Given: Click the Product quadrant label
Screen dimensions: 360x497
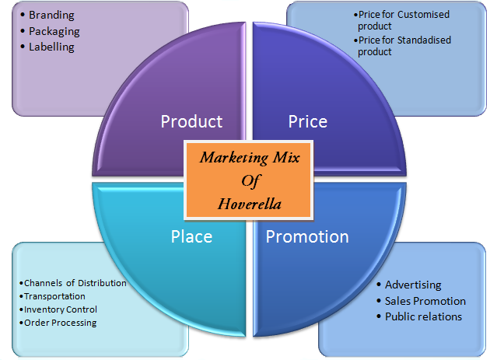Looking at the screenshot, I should (x=191, y=121).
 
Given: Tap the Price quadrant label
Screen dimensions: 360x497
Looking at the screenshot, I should (x=307, y=121).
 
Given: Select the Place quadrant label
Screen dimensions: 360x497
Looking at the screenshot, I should (x=191, y=236).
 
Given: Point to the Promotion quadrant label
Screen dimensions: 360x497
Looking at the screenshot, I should (x=307, y=236).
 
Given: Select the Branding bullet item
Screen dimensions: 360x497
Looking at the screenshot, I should (x=52, y=16).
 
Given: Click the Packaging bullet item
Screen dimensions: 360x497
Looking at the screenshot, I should (x=54, y=31).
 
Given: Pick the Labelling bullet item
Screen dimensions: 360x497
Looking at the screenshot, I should (x=51, y=47).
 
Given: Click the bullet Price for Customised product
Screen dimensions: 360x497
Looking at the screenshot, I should (x=403, y=19).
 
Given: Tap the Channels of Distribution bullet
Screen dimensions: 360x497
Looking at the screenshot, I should (x=75, y=283).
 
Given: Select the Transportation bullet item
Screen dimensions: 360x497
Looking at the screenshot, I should (x=54, y=296).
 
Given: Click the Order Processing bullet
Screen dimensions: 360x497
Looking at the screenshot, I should (x=60, y=323).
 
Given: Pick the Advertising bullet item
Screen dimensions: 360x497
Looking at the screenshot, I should (x=413, y=285).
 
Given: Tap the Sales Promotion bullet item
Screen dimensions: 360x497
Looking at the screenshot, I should (x=425, y=301).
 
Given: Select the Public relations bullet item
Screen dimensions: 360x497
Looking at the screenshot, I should (x=423, y=316).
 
